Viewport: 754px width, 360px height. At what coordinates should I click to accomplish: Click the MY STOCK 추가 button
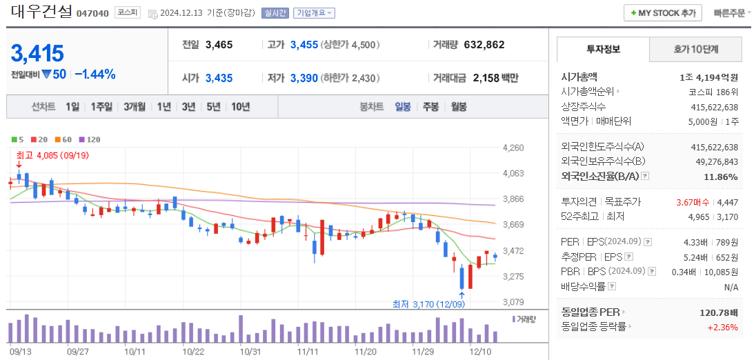[662, 13]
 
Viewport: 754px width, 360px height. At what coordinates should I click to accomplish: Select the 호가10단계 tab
[695, 50]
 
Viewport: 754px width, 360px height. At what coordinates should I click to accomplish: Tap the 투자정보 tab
[603, 50]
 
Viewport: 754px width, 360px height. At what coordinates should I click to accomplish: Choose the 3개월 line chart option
[135, 107]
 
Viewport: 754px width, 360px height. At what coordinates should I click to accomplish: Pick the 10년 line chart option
[241, 107]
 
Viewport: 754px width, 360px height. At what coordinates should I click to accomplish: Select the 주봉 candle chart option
[430, 107]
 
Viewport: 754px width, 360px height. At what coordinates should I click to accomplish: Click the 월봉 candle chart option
[458, 107]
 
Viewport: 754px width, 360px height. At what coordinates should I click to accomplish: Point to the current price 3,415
[38, 53]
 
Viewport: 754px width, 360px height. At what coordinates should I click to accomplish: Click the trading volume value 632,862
[484, 45]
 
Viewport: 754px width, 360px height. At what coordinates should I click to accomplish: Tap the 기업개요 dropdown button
[314, 13]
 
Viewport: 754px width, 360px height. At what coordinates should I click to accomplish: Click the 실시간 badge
[275, 13]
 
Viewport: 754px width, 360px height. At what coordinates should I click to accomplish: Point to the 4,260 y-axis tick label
[514, 148]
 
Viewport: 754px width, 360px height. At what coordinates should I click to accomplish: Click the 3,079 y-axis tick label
[514, 302]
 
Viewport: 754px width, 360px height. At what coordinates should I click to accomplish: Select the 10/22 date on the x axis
[193, 351]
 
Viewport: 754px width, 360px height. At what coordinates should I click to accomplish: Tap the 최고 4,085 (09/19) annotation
[52, 155]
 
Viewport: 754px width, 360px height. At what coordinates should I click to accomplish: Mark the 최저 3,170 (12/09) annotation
[428, 304]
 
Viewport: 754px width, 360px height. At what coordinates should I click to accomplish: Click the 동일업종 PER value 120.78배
[719, 312]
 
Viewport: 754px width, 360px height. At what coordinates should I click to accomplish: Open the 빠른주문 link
[731, 13]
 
